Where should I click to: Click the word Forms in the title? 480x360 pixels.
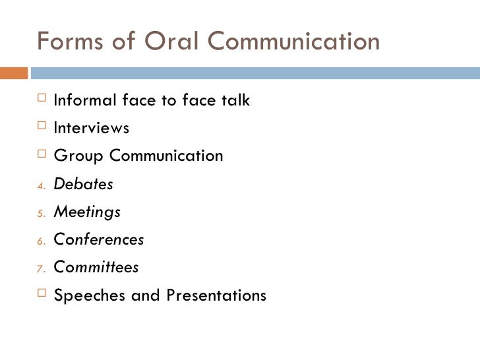(x=67, y=41)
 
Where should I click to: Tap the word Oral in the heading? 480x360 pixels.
(x=164, y=41)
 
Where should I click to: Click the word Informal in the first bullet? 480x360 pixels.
(x=84, y=101)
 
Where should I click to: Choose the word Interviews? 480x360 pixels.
(x=92, y=128)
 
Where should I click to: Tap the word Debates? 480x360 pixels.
(x=83, y=185)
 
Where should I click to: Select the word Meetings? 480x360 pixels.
(x=87, y=212)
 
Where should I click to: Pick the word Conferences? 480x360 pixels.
(x=99, y=240)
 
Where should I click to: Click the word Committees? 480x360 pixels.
(x=96, y=268)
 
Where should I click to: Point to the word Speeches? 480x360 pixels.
(x=90, y=295)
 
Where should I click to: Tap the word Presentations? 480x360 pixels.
(x=216, y=295)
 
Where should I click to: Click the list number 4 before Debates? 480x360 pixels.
(x=40, y=186)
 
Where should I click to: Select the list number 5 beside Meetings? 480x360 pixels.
(x=40, y=214)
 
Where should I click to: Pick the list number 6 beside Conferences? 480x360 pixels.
(x=40, y=241)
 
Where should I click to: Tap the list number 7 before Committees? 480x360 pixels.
(x=40, y=269)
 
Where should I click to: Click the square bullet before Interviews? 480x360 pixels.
(x=42, y=127)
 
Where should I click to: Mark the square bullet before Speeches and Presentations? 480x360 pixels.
(x=42, y=295)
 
